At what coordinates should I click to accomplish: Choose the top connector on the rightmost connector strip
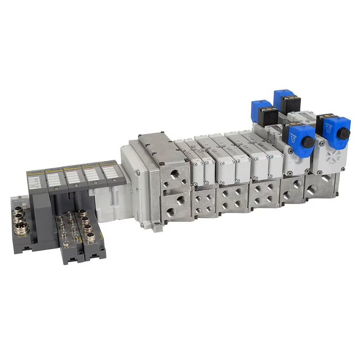pyautogui.click(x=83, y=212)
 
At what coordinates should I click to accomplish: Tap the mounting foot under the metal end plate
pyautogui.click(x=157, y=228)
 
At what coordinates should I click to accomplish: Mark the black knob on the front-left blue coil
pyautogui.click(x=309, y=142)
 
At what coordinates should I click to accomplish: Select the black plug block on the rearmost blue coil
pyautogui.click(x=290, y=104)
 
